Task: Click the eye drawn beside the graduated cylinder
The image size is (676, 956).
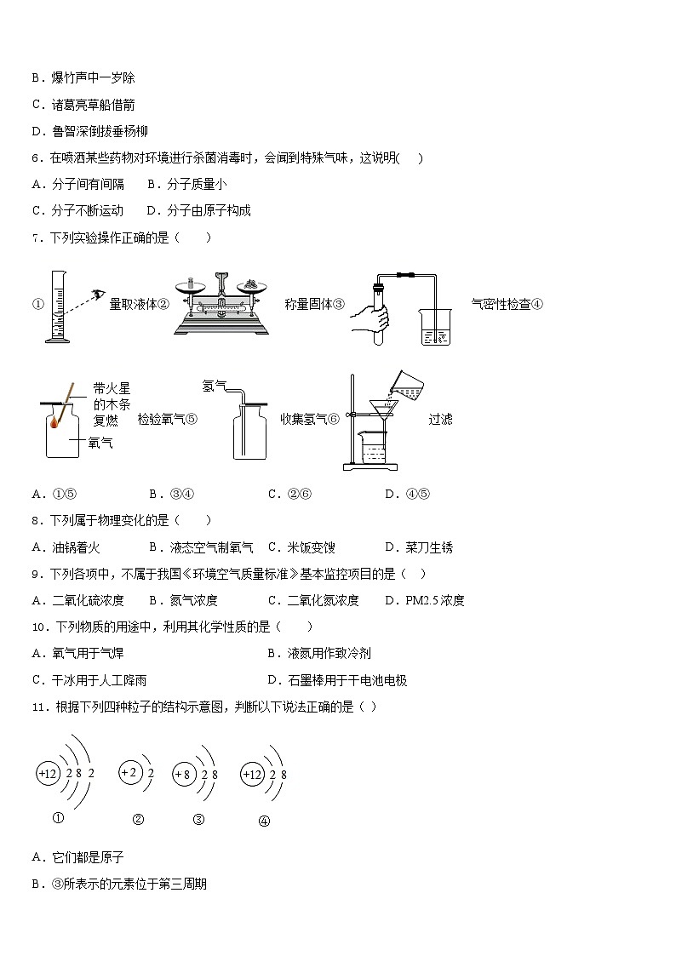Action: coord(100,295)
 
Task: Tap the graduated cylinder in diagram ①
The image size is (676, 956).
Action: coord(56,306)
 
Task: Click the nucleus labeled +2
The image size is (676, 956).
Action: coord(129,773)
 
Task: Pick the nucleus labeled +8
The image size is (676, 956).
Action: coord(182,775)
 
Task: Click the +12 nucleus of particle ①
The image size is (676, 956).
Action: coord(48,774)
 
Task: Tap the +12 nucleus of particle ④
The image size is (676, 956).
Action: coord(252,775)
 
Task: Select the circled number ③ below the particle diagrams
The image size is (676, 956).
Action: coord(198,820)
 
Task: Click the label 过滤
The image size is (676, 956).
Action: coord(440,419)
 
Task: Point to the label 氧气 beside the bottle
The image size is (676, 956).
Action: coord(100,442)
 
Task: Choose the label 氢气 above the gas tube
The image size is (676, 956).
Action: coord(213,386)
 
